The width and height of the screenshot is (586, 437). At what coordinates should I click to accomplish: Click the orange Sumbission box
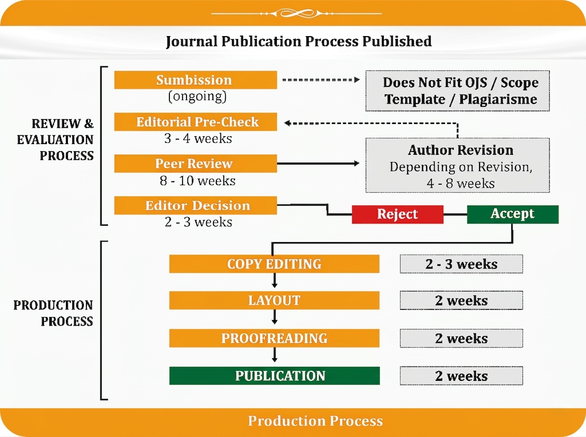[x=195, y=80]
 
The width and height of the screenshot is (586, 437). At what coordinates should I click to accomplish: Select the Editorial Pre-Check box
[x=195, y=122]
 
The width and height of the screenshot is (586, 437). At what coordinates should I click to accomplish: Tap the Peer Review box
[x=195, y=164]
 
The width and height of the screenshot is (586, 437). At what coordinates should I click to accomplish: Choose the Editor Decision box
[x=195, y=205]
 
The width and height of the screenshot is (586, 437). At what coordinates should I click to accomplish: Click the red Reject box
[x=398, y=214]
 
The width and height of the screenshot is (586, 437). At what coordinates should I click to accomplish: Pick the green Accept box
[x=513, y=214]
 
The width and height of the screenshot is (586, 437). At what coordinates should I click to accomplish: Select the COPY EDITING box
[x=274, y=264]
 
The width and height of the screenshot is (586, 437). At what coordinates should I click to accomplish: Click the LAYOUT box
[x=274, y=300]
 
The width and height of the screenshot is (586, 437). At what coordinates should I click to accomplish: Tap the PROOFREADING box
[x=274, y=338]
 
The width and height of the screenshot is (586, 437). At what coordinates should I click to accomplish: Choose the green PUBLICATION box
[x=274, y=375]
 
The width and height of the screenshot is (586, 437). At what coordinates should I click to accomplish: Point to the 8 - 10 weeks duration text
[x=198, y=181]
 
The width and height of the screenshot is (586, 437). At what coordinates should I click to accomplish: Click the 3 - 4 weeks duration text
[x=198, y=139]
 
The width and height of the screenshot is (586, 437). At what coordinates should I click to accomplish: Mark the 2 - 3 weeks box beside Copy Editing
[x=461, y=264]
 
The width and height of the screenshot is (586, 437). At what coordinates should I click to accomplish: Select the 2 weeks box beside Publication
[x=461, y=375]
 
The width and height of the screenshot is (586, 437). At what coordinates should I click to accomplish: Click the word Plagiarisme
[x=498, y=100]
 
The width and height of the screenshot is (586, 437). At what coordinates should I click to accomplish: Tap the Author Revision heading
[x=460, y=150]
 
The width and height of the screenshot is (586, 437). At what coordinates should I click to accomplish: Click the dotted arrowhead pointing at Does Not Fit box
[x=357, y=80]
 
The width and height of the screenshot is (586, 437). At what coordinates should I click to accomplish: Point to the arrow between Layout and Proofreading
[x=274, y=317]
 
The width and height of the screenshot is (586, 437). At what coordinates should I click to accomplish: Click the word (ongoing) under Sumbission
[x=197, y=96]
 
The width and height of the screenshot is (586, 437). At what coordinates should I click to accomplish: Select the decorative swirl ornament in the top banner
[x=296, y=13]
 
